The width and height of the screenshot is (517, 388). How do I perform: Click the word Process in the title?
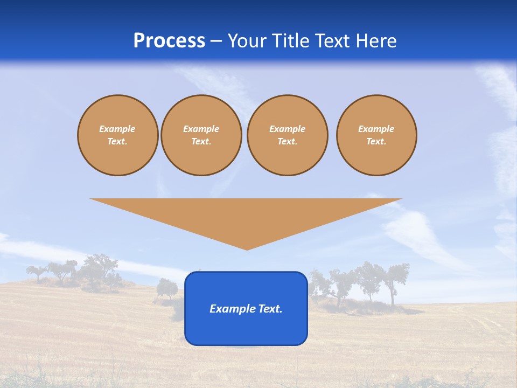[x=169, y=41]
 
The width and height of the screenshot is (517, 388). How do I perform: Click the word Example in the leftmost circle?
[x=117, y=129]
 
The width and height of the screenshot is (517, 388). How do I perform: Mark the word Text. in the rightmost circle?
[x=376, y=142]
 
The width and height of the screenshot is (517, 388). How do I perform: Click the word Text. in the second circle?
[x=201, y=142]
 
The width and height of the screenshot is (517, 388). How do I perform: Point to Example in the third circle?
[x=288, y=129]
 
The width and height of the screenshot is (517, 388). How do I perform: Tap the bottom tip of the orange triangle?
[x=247, y=248]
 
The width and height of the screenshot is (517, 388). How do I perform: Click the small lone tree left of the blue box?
[x=167, y=288]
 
